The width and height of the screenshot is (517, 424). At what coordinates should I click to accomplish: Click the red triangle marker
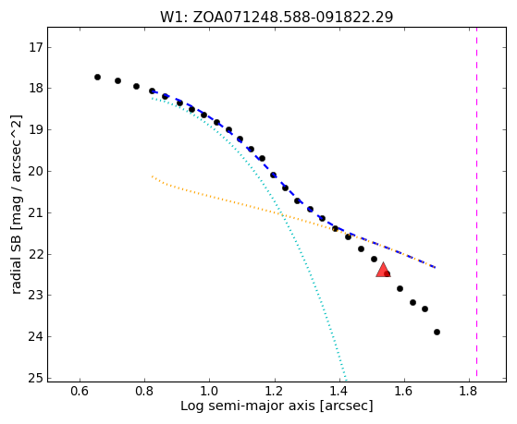383,270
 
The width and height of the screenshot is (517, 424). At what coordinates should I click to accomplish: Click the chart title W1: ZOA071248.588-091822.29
277,17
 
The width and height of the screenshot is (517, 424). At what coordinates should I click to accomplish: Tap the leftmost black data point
97,77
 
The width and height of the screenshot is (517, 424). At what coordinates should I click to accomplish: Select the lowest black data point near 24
437,332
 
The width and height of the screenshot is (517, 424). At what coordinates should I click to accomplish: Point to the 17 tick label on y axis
36,47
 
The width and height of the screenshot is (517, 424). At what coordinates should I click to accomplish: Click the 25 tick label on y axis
36,378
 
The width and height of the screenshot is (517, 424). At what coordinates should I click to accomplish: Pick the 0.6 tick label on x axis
80,392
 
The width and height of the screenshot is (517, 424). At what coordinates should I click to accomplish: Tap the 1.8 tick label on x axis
468,392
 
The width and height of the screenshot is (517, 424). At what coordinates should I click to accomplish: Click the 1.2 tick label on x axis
274,392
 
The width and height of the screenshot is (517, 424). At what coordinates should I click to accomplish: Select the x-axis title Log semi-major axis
248,406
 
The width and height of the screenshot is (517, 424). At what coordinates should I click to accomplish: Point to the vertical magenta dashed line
477,201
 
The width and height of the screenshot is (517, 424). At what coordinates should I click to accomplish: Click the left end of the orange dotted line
152,176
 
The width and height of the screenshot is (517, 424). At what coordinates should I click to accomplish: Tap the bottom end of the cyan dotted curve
346,378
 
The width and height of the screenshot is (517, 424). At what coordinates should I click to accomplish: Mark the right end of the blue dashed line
436,268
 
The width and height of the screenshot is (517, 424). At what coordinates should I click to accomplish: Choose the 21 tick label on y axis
36,212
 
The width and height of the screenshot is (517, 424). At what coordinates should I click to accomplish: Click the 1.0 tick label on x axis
209,392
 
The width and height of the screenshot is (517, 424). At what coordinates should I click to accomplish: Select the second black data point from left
117,80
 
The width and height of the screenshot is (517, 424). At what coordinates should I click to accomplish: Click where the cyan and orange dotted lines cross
281,215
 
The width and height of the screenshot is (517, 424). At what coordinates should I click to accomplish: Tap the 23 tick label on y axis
36,296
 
